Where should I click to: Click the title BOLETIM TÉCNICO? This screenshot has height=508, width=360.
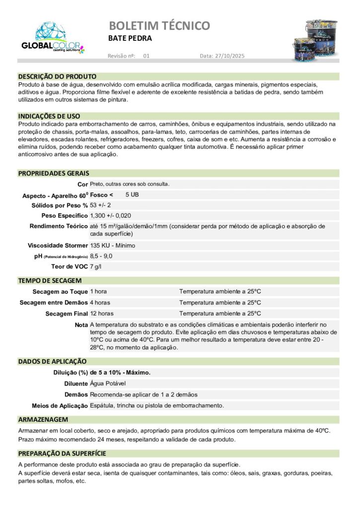(x=159, y=25)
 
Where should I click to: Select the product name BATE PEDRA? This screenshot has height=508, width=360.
(x=130, y=38)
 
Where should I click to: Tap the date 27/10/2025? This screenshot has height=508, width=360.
(x=229, y=56)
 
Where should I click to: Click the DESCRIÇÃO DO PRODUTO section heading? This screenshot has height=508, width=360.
(x=57, y=77)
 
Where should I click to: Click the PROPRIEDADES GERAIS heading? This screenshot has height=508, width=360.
(x=54, y=173)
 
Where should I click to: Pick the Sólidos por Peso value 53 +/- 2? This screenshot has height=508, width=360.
(x=100, y=205)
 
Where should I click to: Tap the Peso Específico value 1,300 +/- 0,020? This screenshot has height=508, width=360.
(x=111, y=215)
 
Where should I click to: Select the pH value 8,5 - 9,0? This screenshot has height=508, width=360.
(x=101, y=256)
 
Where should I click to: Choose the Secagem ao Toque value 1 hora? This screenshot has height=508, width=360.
(x=98, y=292)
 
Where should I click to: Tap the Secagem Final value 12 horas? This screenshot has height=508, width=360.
(x=102, y=314)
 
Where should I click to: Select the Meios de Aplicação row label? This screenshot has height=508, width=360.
(x=60, y=406)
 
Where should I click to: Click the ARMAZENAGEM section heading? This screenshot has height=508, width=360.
(x=43, y=419)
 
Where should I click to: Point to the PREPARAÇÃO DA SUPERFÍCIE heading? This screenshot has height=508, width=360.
(x=62, y=453)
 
